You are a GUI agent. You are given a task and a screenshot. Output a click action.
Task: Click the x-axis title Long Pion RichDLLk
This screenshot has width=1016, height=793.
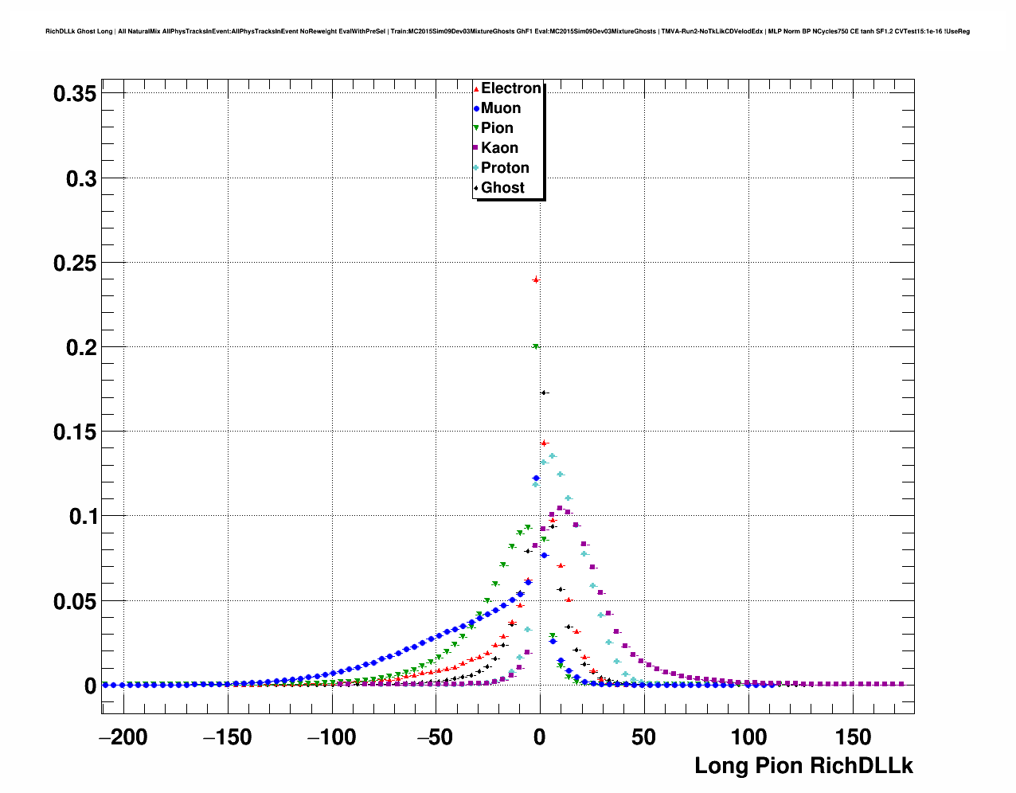(x=803, y=766)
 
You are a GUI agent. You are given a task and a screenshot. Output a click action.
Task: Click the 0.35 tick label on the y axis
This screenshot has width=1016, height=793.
(x=75, y=94)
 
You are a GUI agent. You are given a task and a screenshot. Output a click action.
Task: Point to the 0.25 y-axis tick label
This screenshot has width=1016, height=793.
(x=75, y=263)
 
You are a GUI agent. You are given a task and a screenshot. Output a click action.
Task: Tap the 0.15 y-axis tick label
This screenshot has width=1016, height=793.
(x=75, y=432)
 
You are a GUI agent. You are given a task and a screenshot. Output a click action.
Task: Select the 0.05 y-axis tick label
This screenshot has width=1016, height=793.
(x=75, y=602)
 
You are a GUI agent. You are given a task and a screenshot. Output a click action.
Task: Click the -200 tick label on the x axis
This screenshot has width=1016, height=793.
(x=123, y=738)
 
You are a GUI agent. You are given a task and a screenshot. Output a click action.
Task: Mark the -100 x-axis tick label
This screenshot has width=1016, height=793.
(x=332, y=738)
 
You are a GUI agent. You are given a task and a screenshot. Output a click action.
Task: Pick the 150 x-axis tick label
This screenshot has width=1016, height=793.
(x=853, y=738)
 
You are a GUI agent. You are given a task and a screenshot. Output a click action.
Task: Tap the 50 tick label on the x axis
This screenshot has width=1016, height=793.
(x=644, y=738)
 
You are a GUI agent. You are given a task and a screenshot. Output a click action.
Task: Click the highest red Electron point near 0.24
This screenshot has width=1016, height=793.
(x=536, y=279)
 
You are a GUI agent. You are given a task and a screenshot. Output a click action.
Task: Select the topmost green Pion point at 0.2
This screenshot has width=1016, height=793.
(x=536, y=346)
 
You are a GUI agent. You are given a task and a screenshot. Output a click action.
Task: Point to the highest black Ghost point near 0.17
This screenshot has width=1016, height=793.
(x=544, y=393)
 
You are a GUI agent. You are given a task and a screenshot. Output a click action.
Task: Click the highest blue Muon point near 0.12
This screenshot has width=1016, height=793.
(x=536, y=478)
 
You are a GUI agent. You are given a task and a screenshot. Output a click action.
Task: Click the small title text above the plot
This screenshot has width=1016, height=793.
(x=507, y=32)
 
